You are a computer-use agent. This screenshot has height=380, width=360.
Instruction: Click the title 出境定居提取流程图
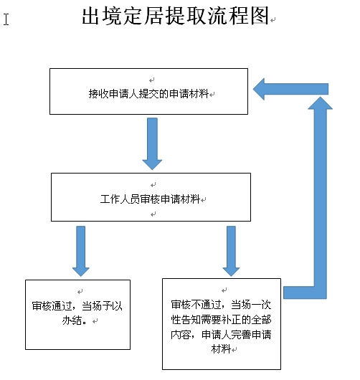176,16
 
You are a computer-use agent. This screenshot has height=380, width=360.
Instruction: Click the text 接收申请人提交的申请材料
148,93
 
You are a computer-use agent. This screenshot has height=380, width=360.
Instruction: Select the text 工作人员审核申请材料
150,199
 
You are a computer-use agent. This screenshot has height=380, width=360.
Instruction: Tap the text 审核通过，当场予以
77,306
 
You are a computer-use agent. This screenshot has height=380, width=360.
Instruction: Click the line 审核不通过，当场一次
221,305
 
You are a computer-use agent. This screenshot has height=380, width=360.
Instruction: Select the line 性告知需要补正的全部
221,319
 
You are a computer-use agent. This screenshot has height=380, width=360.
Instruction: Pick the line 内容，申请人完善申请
221,334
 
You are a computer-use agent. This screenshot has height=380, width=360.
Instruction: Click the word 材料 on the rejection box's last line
221,349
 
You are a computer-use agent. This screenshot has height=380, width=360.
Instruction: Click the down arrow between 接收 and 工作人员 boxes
152,143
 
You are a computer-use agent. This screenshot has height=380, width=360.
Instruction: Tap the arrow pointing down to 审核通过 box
81,251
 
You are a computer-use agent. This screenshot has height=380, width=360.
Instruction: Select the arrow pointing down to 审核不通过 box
231,251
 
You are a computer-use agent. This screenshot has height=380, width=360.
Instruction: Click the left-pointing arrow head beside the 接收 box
259,89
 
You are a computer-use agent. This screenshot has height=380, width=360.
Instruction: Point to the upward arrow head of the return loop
321,103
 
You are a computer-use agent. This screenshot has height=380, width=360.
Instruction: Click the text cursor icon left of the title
6,19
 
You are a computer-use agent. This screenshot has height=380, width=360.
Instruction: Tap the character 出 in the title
91,16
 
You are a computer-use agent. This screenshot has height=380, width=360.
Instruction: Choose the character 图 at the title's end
260,16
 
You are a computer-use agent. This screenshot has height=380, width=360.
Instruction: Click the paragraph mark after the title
273,20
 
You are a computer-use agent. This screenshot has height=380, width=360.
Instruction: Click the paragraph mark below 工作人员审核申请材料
153,214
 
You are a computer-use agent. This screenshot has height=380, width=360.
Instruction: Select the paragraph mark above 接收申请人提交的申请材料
152,80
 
